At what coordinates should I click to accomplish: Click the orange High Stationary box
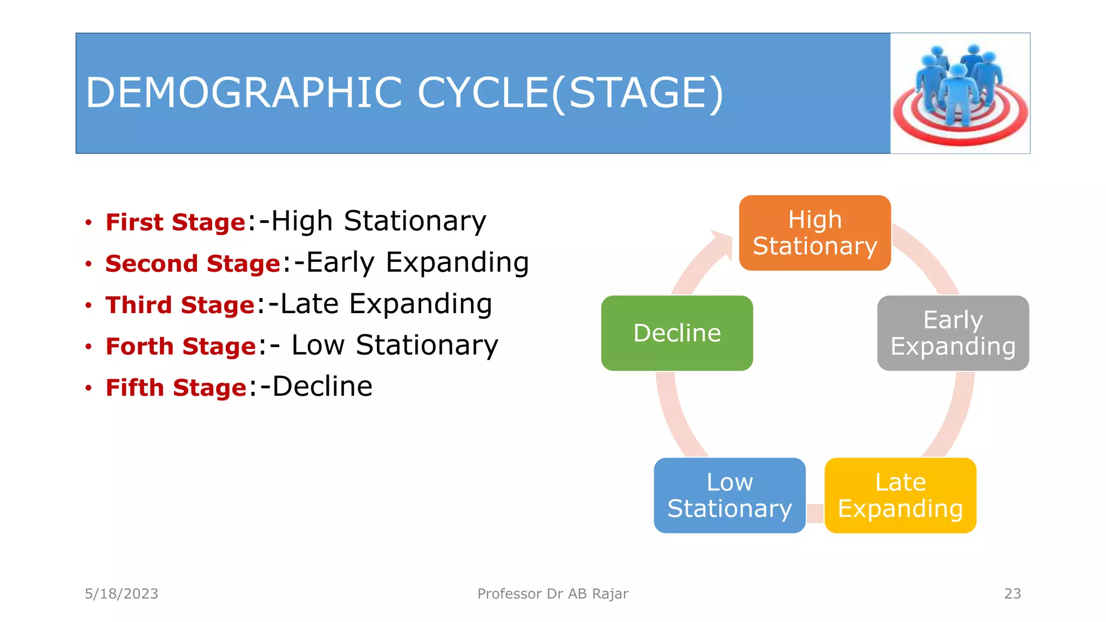[x=814, y=233]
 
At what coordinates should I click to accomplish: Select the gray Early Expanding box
[x=953, y=333]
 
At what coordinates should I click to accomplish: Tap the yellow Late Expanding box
[x=900, y=495]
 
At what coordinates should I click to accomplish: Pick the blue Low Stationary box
[x=729, y=495]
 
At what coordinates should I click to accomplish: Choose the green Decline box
[x=677, y=333]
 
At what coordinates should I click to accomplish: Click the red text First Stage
[x=176, y=222]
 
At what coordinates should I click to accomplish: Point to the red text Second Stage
[x=193, y=263]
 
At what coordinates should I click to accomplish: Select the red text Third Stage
[x=180, y=305]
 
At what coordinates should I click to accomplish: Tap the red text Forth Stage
[x=180, y=346]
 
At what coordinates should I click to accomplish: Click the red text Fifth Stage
[x=176, y=388]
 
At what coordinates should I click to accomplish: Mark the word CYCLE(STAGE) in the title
[x=570, y=93]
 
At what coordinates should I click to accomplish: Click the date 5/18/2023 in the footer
[x=122, y=593]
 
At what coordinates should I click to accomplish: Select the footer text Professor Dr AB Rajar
[x=552, y=593]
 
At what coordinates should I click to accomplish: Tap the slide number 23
[x=1012, y=593]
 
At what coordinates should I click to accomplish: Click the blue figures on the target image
[x=959, y=81]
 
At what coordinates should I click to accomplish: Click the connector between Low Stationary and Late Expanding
[x=815, y=513]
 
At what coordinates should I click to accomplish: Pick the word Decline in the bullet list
[x=322, y=387]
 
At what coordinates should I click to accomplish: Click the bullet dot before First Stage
[x=89, y=222]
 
